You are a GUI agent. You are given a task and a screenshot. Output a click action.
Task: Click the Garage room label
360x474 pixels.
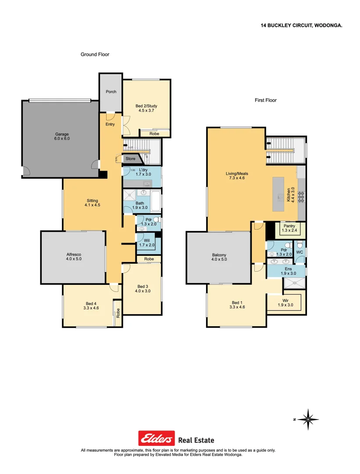(x=62, y=134)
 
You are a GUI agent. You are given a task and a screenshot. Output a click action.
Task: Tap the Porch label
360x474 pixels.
(x=111, y=92)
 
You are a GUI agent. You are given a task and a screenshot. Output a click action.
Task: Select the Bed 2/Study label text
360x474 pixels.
(x=146, y=106)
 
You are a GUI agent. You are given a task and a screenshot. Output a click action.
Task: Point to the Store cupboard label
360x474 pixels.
(x=131, y=159)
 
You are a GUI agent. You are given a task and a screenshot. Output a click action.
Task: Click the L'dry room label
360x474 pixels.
(x=143, y=169)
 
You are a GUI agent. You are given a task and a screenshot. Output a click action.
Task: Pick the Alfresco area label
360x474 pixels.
(x=73, y=254)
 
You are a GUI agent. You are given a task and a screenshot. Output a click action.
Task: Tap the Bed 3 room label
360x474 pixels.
(x=142, y=286)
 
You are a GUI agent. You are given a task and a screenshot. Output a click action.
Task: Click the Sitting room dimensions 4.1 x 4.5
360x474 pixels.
(x=93, y=205)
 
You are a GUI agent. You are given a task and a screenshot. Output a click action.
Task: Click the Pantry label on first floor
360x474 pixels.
(x=289, y=226)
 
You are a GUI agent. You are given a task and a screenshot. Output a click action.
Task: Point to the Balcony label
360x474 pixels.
(x=219, y=255)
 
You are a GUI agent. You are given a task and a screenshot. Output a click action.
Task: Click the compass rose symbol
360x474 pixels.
(x=308, y=420)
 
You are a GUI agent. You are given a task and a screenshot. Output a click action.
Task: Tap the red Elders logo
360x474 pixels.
(x=157, y=438)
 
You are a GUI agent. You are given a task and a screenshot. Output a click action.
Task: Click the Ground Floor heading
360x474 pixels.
(x=95, y=54)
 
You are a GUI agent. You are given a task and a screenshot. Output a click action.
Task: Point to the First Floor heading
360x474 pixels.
(x=266, y=100)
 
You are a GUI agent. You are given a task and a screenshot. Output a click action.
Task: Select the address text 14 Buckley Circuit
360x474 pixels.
(x=301, y=26)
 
